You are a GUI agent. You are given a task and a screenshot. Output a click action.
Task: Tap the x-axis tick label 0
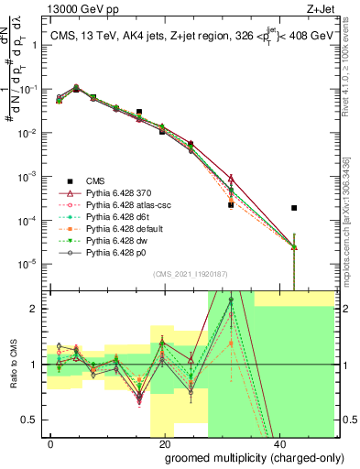click(x=51, y=443)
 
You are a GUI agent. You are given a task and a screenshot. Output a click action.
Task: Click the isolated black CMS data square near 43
click(x=294, y=208)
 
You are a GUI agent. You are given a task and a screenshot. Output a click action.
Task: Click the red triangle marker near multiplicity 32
click(x=231, y=179)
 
